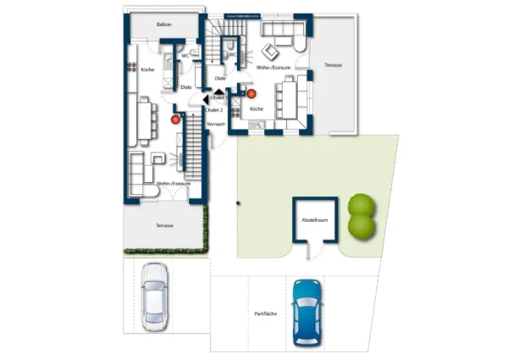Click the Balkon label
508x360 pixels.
click(x=163, y=25)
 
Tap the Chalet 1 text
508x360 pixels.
click(x=219, y=98)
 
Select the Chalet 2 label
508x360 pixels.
click(x=214, y=109)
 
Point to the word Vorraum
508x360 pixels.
click(x=216, y=124)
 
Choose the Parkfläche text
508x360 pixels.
click(x=265, y=314)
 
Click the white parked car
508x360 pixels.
click(x=155, y=294)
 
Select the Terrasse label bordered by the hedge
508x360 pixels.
click(x=164, y=225)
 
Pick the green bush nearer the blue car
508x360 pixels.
click(x=362, y=226)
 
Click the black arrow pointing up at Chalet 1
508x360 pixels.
click(x=218, y=89)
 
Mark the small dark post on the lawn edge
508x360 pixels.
click(x=238, y=202)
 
